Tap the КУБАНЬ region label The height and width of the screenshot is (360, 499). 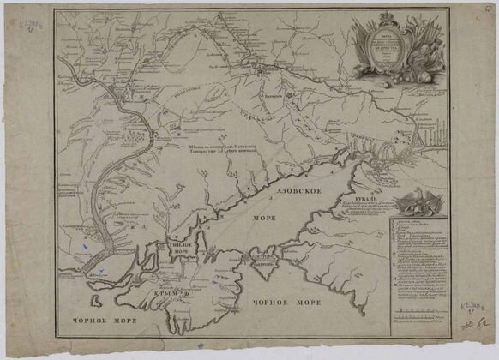(367, 197)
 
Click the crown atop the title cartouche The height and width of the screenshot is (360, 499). (389, 15)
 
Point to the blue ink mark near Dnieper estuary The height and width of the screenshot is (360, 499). (83, 248)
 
